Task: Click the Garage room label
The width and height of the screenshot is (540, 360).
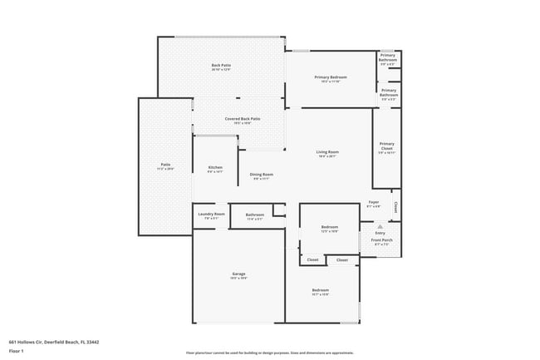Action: (238, 273)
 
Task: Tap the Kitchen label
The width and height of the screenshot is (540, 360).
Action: (214, 168)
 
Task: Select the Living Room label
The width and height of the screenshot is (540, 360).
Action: (327, 152)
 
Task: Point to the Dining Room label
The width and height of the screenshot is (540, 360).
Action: (263, 174)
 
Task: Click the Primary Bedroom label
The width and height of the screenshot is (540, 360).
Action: (330, 77)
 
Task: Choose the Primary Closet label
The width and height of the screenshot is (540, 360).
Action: (386, 146)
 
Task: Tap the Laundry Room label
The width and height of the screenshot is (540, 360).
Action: (211, 214)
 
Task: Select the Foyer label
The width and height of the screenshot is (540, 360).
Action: (374, 202)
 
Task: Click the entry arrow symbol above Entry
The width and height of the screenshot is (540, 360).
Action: (380, 225)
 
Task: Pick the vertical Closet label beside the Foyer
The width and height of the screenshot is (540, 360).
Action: (396, 206)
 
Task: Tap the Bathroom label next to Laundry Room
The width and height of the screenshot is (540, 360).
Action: (254, 215)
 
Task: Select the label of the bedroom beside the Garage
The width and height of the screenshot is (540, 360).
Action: (321, 290)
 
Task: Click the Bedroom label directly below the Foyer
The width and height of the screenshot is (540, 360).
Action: (330, 227)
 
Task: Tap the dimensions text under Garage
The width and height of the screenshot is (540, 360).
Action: (238, 278)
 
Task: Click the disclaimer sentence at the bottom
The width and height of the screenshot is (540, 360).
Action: (269, 353)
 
